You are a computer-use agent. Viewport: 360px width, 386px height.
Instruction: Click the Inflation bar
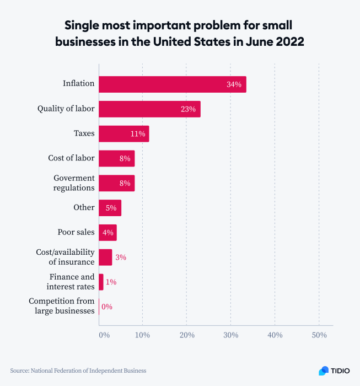(x=172, y=84)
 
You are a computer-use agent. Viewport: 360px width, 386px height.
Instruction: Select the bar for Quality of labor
(x=149, y=109)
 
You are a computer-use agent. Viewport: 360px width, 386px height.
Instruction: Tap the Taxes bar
(x=123, y=134)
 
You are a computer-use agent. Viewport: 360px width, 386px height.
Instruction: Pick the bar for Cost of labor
(x=116, y=159)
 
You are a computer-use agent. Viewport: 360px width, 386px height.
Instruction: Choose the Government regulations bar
(x=116, y=183)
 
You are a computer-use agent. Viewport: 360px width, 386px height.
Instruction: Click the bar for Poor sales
(x=108, y=233)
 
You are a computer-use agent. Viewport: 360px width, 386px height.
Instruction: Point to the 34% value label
(x=234, y=84)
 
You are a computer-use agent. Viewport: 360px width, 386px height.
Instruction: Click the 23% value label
(x=188, y=109)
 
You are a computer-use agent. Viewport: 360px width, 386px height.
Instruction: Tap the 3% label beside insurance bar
(x=121, y=258)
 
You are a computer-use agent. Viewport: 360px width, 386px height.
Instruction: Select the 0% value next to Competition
(x=106, y=307)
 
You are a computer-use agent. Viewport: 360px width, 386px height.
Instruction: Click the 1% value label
(x=111, y=282)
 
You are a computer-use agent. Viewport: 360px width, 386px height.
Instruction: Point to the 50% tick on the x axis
(x=319, y=335)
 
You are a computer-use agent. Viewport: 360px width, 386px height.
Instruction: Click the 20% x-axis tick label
(x=187, y=335)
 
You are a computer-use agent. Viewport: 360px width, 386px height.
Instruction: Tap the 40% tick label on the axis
(x=275, y=335)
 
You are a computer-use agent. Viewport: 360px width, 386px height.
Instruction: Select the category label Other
(x=84, y=208)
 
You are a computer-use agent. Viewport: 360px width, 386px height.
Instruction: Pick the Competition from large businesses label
(x=62, y=306)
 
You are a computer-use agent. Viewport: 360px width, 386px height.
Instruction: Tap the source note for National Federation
(x=78, y=371)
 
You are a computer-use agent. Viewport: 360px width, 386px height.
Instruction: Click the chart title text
(x=180, y=34)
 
